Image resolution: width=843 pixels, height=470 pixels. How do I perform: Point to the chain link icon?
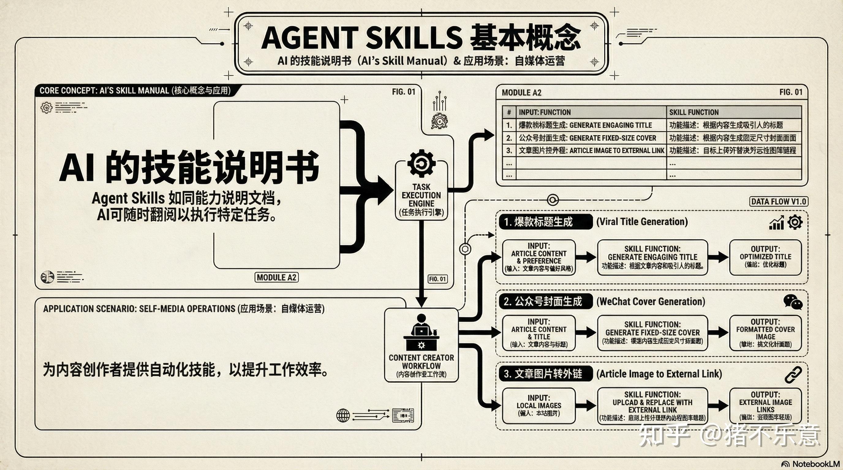(793, 375)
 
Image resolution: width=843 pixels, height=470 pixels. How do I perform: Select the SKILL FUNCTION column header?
(694, 112)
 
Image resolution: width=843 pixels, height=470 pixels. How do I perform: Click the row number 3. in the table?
(509, 150)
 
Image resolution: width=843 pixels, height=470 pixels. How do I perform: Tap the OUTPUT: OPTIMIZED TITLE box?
(766, 257)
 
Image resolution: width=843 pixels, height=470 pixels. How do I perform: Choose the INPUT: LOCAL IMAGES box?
(539, 406)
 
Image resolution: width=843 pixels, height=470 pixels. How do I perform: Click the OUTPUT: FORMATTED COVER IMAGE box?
(766, 333)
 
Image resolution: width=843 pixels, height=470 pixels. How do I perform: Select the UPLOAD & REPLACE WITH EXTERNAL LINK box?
(652, 406)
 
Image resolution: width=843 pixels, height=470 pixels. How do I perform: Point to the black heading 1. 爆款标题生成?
(545, 222)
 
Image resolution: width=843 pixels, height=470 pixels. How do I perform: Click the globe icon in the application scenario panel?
(343, 416)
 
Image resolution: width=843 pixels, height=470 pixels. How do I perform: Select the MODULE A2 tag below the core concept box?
(277, 278)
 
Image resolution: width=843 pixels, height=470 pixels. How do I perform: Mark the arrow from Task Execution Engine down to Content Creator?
(421, 262)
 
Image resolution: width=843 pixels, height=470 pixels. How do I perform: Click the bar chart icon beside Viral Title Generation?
(776, 223)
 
